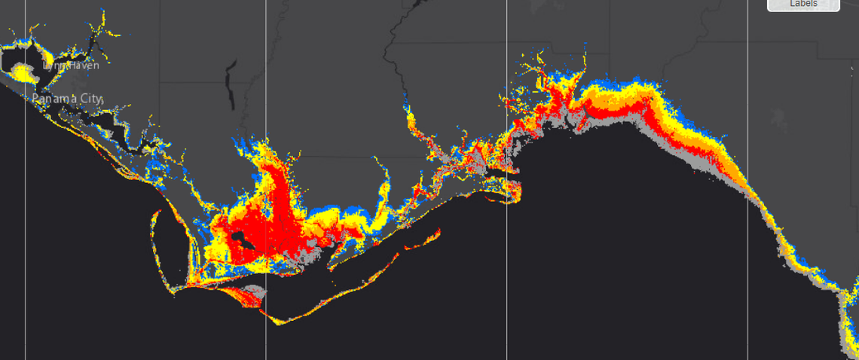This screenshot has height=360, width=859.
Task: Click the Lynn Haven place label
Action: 71,66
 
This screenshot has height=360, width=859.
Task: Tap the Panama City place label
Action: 67,99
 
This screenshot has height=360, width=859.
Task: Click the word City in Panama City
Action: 90,99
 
